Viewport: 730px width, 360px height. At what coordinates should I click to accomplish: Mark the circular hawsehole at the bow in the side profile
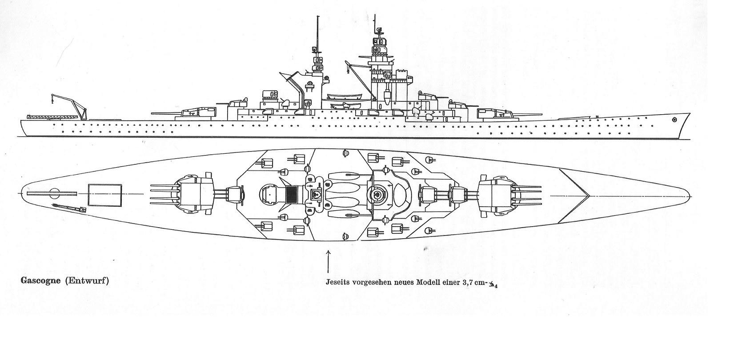click(x=675, y=120)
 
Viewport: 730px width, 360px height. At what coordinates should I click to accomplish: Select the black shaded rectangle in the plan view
click(x=291, y=195)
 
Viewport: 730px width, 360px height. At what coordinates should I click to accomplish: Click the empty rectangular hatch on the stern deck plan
click(x=105, y=195)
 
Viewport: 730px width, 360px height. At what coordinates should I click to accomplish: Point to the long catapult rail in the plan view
click(x=51, y=194)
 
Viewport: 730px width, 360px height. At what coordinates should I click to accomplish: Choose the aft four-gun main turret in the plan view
click(x=196, y=195)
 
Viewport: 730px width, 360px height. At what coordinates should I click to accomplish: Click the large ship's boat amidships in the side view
click(x=345, y=96)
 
